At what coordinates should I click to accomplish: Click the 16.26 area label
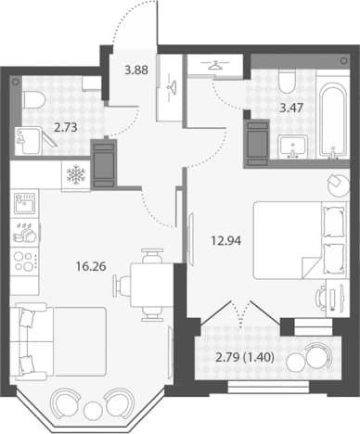click(x=91, y=266)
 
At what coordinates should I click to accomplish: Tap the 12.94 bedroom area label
click(x=225, y=240)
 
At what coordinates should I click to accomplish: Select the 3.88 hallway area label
click(x=136, y=70)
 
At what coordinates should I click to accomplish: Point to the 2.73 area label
click(x=65, y=127)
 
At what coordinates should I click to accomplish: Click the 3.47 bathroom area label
click(x=291, y=108)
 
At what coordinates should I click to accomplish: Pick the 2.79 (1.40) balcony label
click(x=245, y=358)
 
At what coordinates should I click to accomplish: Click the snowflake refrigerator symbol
click(x=76, y=175)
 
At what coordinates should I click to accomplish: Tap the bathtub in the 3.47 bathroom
click(x=332, y=119)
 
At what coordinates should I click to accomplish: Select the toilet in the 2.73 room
click(x=33, y=99)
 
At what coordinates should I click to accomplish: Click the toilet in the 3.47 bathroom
click(x=287, y=81)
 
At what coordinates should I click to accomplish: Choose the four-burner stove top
click(x=25, y=262)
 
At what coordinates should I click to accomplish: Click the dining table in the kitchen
click(x=151, y=285)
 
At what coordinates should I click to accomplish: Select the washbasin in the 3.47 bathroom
click(x=292, y=147)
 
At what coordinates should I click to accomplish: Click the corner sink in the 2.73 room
click(x=29, y=141)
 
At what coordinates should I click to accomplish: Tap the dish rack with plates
click(x=25, y=233)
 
